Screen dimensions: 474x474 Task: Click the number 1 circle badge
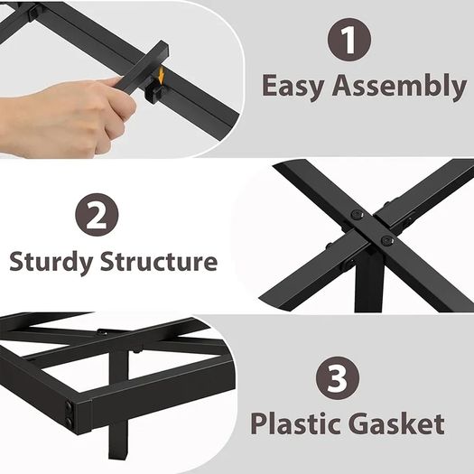click(349, 40)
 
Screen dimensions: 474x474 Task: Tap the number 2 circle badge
click(97, 215)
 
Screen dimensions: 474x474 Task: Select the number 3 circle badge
click(338, 378)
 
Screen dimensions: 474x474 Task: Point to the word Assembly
click(399, 87)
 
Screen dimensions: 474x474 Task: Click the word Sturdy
click(51, 262)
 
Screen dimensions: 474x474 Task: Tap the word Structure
click(159, 261)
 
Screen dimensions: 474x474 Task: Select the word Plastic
click(299, 423)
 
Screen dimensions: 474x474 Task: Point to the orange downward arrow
click(161, 76)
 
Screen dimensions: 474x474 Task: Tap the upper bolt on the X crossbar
click(358, 215)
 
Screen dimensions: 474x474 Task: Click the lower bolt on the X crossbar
click(386, 241)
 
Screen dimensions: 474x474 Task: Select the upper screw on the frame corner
click(70, 406)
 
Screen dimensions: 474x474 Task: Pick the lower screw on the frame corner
click(70, 422)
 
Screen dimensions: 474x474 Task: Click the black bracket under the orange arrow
click(154, 92)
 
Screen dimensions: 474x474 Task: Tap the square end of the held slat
click(162, 51)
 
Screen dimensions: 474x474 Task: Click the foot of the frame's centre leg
click(118, 453)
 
